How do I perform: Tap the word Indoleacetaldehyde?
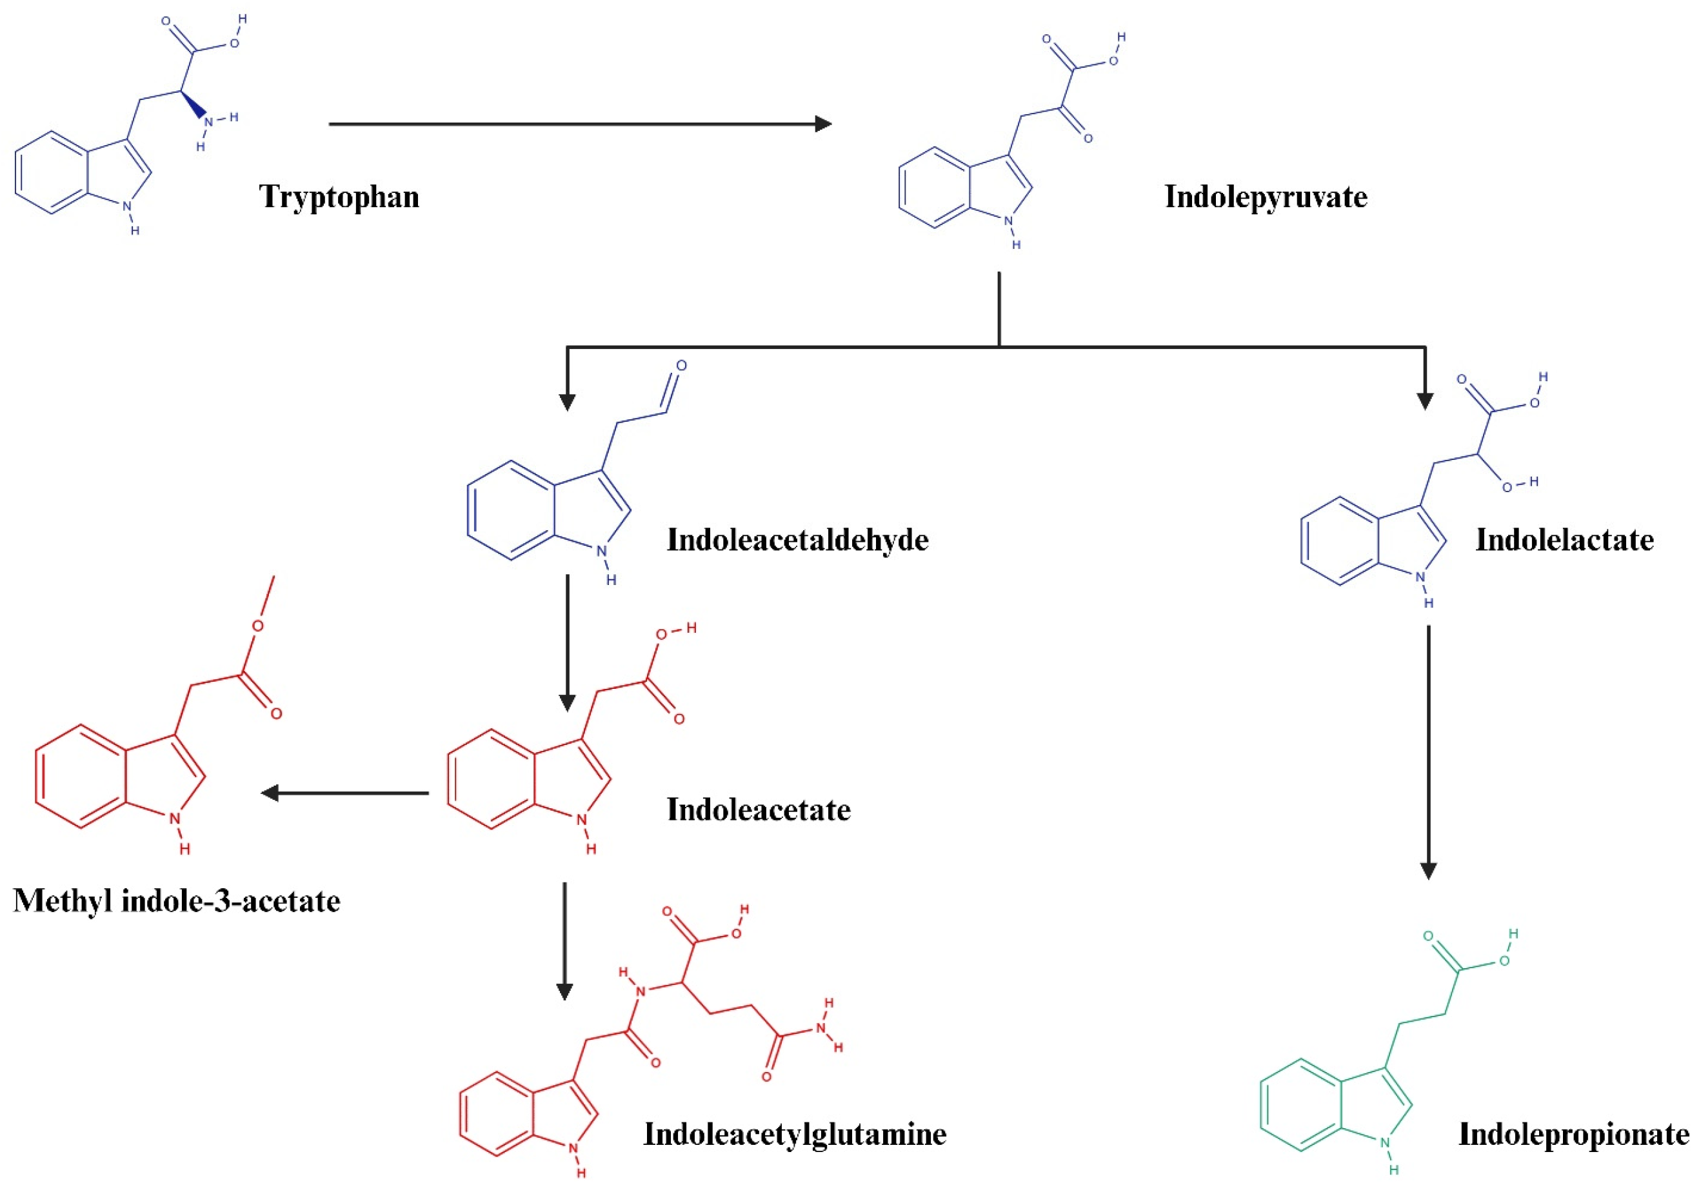tap(797, 540)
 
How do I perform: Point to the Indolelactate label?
tap(1564, 540)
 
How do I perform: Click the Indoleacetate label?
tap(758, 810)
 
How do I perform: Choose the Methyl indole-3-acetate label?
tap(176, 901)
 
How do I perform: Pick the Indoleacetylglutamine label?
tap(794, 1134)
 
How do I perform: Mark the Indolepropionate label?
tap(1573, 1134)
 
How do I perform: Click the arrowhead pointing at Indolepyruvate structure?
tap(822, 124)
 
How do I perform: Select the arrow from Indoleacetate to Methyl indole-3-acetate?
tap(345, 793)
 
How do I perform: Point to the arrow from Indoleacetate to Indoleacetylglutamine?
tap(564, 941)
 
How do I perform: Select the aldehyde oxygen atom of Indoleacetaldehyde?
tap(681, 366)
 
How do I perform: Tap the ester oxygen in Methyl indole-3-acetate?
tap(257, 626)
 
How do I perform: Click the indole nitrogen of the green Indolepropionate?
tap(1385, 1143)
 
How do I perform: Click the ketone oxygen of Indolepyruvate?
tap(1088, 139)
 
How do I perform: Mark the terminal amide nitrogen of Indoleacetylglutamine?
tap(821, 1028)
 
